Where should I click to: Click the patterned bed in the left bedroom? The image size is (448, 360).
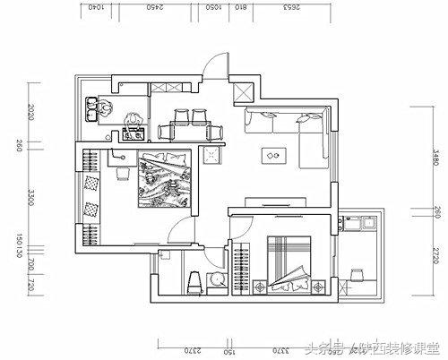pos(161,180)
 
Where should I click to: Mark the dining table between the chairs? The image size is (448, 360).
pos(191,131)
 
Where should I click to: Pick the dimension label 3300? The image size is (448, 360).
pos(31,194)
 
